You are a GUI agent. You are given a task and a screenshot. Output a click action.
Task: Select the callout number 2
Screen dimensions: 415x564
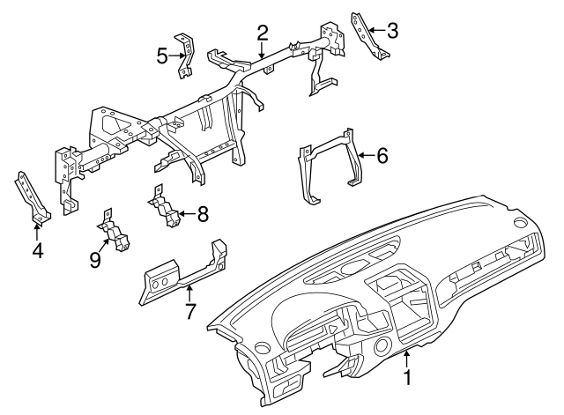click(x=263, y=34)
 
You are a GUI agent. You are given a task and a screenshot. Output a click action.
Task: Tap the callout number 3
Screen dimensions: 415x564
click(x=392, y=31)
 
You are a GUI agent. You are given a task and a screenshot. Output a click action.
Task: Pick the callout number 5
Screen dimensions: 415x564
click(x=162, y=56)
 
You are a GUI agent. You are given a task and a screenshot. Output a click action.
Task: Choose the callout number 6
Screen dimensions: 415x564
click(x=382, y=157)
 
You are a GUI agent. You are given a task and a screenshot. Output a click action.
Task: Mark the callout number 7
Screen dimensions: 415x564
click(x=189, y=311)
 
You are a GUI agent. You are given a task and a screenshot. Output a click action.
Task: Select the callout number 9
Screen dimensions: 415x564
click(x=95, y=260)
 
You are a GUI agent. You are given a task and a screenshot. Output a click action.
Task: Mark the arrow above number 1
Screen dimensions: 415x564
click(x=407, y=359)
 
